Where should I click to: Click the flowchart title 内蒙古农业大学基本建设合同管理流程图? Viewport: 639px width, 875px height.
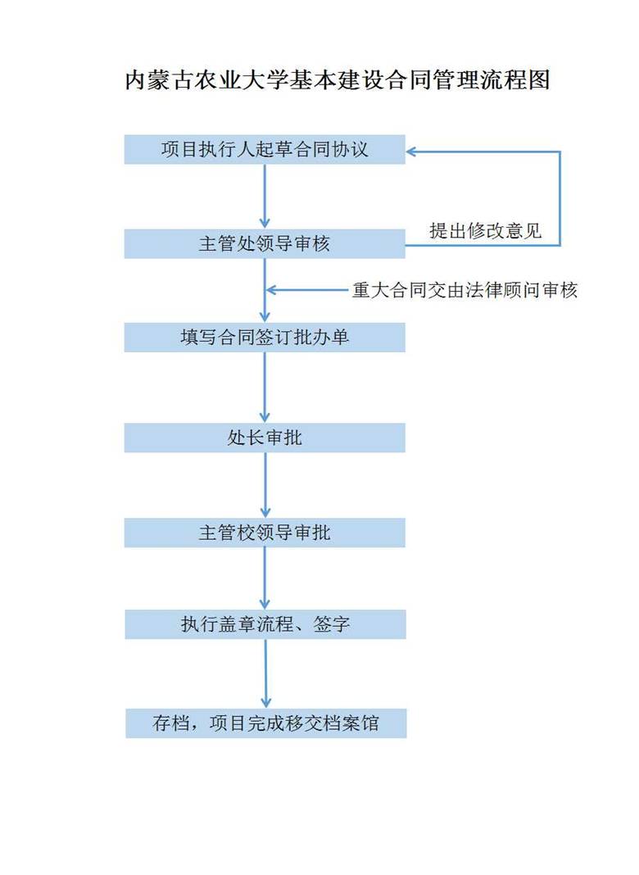337,81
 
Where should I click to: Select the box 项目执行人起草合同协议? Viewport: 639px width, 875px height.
265,150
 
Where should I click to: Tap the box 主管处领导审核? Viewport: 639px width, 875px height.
265,244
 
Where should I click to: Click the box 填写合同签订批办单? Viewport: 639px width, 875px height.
265,337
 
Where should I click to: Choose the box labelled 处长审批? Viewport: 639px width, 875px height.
265,437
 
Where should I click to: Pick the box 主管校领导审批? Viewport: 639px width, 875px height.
265,533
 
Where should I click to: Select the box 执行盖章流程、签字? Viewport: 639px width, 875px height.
265,624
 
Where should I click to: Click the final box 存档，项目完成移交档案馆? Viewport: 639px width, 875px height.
265,723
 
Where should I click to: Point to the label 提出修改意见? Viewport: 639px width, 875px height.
486,230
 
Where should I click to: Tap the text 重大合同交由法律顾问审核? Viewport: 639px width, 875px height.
465,290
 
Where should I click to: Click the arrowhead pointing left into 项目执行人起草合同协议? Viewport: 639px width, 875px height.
412,151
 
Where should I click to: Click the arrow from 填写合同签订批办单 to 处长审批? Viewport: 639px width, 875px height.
265,388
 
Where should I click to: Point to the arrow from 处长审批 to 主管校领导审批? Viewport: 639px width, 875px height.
265,485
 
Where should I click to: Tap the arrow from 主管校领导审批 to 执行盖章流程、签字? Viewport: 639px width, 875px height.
265,578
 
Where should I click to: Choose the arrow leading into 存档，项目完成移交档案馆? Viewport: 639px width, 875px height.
265,673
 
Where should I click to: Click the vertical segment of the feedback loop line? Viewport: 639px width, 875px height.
560,197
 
